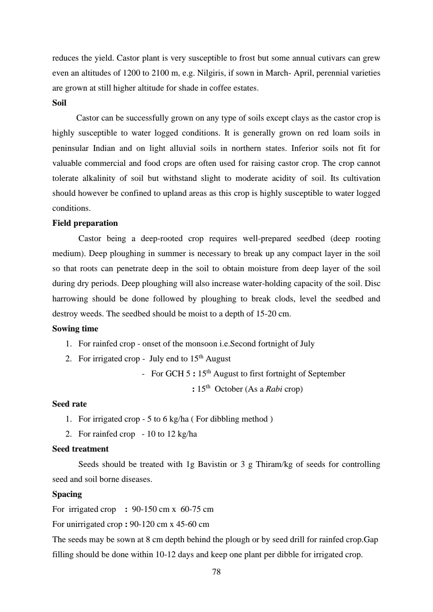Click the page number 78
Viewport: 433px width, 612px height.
click(216, 572)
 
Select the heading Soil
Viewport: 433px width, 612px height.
click(59, 103)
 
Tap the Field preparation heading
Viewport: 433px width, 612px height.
click(85, 223)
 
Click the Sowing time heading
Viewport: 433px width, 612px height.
click(75, 329)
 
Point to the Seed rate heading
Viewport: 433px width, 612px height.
click(69, 404)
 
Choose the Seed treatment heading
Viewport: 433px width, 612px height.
click(80, 449)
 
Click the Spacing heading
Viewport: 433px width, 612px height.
click(67, 494)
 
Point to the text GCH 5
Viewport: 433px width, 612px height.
click(177, 374)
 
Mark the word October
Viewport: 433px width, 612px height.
click(228, 389)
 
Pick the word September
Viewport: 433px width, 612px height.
click(326, 374)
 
